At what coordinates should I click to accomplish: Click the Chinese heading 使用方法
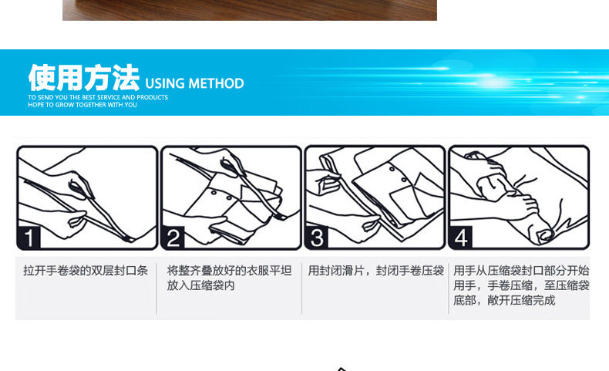(84, 78)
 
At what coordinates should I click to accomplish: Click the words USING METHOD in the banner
(194, 83)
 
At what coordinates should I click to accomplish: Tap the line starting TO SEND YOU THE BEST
(98, 97)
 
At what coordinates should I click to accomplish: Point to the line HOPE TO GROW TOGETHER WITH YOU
(82, 105)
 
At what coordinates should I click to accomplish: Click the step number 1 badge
(29, 238)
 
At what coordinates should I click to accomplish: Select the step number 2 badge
(173, 238)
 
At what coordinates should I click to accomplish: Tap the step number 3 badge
(317, 238)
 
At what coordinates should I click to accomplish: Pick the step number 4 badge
(461, 238)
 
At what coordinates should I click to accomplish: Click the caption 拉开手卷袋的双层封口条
(86, 271)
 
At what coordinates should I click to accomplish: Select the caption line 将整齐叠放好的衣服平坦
(229, 271)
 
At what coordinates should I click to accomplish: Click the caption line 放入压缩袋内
(200, 285)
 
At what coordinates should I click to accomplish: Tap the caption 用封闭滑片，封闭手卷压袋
(376, 271)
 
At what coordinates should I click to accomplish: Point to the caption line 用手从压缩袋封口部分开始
(521, 271)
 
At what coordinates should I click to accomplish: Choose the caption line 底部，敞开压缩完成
(504, 300)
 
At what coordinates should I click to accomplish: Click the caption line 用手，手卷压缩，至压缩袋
(521, 285)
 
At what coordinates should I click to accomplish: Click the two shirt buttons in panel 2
(221, 195)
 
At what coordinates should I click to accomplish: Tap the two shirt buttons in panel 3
(398, 174)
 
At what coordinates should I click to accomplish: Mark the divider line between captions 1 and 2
(156, 288)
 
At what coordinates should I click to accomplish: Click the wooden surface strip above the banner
(250, 10)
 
